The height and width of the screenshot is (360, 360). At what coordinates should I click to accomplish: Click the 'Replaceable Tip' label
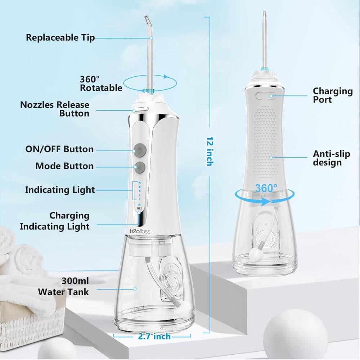[x=60, y=38]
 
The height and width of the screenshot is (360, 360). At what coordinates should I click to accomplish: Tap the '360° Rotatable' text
[x=101, y=84]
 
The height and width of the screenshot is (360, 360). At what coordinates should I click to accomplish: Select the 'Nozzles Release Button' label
[x=55, y=109]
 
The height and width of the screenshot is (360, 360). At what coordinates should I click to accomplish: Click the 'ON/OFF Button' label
[x=59, y=149]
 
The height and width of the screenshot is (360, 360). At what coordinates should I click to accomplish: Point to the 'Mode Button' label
[x=64, y=166]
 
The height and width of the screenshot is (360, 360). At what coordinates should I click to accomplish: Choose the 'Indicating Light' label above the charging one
[x=60, y=190]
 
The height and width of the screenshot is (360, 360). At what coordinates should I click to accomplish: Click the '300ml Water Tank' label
[x=63, y=287]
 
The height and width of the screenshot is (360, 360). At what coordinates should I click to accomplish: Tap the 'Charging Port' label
[x=333, y=95]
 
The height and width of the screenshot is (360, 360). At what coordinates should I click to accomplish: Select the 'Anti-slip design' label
[x=331, y=158]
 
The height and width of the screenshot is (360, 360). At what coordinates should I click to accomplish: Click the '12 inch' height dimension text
[x=210, y=152]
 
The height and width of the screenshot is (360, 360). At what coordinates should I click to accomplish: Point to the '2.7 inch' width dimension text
[x=154, y=336]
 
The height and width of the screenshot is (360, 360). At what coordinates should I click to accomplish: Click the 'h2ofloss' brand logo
[x=140, y=231]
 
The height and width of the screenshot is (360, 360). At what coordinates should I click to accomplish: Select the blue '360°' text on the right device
[x=266, y=188]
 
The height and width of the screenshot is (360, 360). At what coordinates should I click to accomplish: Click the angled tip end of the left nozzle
[x=145, y=17]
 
